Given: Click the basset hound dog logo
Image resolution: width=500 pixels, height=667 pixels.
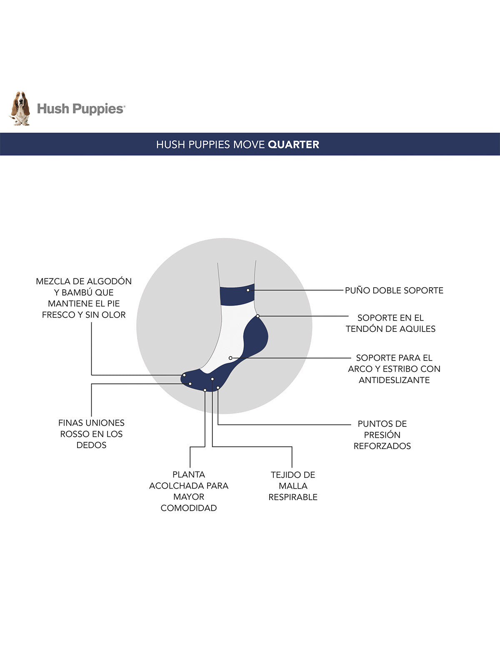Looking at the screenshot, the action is (x=20, y=108).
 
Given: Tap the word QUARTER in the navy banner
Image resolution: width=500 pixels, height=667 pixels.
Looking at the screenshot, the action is (x=293, y=144).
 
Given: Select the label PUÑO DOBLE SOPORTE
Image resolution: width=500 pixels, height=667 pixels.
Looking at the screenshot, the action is (x=394, y=290).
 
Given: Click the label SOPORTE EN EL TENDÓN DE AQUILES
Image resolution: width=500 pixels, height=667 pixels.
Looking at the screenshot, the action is (x=390, y=323).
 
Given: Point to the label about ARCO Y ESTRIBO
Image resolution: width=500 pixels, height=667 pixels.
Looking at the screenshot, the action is (x=394, y=369).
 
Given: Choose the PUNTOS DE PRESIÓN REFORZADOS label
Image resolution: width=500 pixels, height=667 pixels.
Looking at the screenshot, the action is (x=382, y=434).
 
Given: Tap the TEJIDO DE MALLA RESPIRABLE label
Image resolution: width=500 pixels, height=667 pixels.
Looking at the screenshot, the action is (x=293, y=486).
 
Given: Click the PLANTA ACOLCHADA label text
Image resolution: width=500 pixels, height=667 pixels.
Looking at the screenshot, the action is (x=188, y=491).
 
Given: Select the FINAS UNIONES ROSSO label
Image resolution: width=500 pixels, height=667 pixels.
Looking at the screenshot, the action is (x=91, y=434).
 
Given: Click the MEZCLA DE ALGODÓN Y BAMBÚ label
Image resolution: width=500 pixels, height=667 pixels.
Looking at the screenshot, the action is (x=84, y=298).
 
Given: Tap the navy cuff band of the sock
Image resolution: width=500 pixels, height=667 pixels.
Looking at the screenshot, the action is (x=237, y=294).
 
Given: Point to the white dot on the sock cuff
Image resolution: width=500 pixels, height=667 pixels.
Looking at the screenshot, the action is (x=248, y=290).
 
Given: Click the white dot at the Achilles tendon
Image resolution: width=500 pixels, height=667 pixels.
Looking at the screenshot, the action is (x=258, y=316).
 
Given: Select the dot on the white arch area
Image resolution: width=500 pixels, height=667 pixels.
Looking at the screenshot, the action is (x=230, y=358).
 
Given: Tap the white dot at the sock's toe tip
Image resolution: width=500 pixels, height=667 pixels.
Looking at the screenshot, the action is (x=184, y=375).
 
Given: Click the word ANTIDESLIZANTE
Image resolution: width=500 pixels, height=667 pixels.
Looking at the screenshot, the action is (x=394, y=380).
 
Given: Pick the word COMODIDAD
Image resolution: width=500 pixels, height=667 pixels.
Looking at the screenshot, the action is (x=188, y=508).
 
